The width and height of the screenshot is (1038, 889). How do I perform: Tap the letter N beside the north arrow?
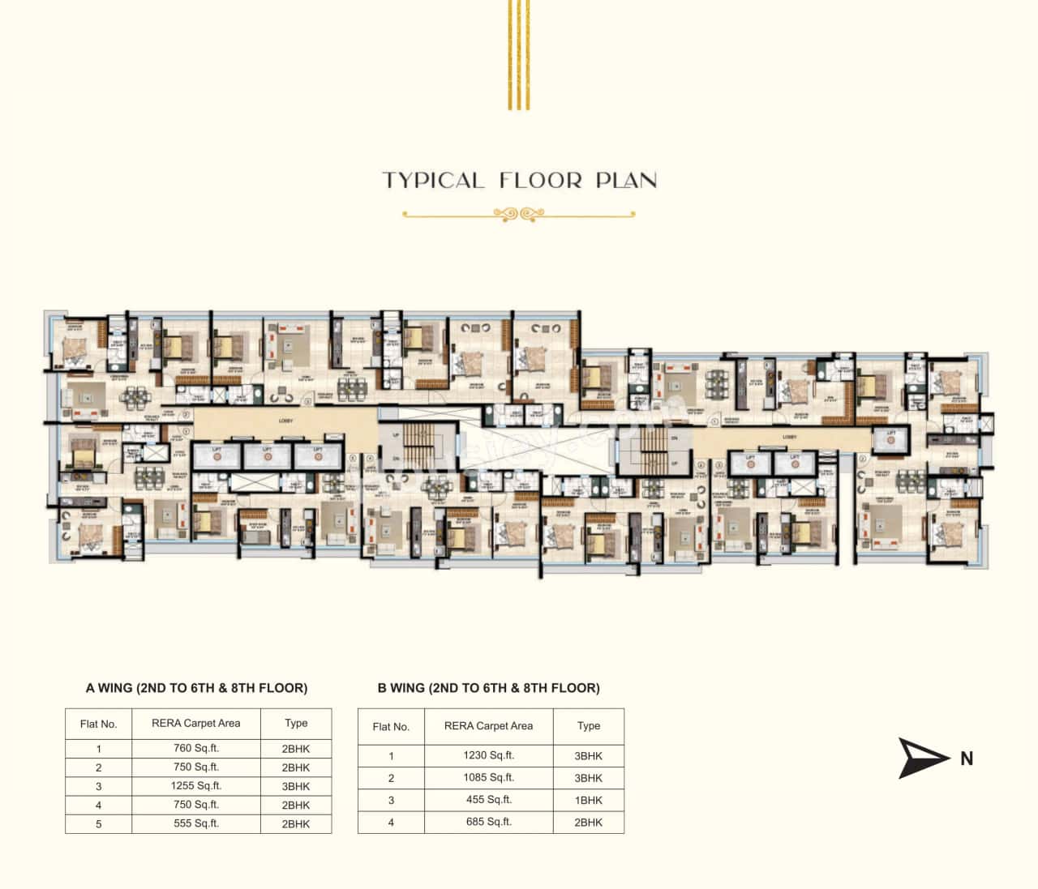point(967,759)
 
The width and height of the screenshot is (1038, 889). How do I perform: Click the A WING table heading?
point(196,688)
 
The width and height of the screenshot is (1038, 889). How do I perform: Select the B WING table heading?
point(488,688)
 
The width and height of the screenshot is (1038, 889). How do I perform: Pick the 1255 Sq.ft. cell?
point(195,786)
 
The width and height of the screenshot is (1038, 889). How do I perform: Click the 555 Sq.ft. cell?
point(195,823)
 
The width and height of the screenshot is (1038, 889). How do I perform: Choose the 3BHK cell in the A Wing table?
point(296,786)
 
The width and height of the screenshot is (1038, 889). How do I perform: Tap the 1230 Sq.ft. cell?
point(488,755)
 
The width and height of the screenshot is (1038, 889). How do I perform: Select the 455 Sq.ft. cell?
point(488,800)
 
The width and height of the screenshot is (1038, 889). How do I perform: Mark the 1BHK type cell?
point(589,800)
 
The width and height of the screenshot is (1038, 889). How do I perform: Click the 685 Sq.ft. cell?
point(488,822)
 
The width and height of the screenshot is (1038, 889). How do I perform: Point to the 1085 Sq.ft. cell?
point(488,778)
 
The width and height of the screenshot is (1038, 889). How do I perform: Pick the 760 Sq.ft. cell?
point(195,749)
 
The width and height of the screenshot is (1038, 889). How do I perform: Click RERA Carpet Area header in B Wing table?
point(488,726)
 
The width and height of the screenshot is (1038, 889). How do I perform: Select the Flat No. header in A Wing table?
point(98,724)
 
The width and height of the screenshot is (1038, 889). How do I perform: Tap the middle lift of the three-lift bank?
point(267,455)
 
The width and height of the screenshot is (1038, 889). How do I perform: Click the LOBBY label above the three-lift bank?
point(285,421)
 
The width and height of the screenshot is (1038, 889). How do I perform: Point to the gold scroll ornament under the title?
point(518,215)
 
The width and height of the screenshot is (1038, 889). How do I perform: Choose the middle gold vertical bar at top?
point(518,54)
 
